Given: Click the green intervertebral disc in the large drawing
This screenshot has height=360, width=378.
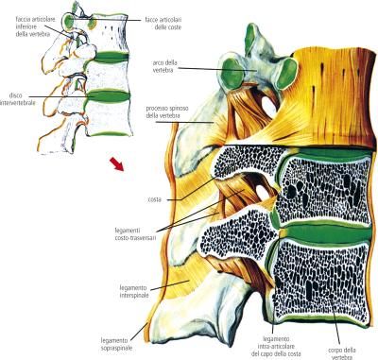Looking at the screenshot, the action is [321, 225].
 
